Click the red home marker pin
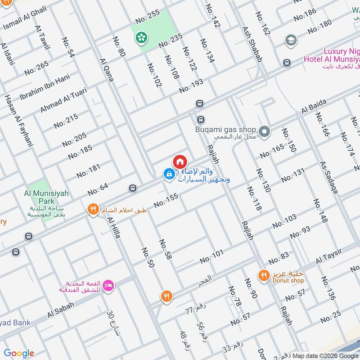point(179,162)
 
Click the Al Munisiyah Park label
point(46,197)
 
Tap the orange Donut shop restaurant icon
point(263,275)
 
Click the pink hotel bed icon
point(108,285)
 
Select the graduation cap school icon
point(291,40)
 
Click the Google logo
point(19,353)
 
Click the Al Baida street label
point(314,108)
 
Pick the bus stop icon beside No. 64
point(132,188)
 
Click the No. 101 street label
point(211,257)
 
